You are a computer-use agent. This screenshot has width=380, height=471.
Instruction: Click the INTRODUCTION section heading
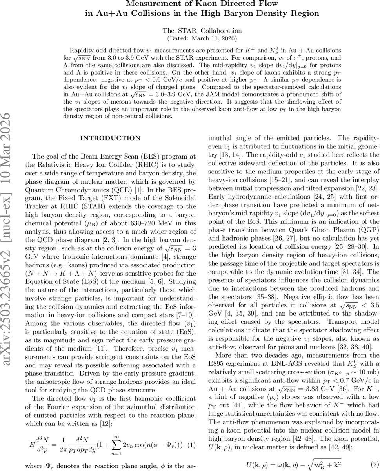pos(110,138)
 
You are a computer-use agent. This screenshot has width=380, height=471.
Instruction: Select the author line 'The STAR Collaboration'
pos(202,31)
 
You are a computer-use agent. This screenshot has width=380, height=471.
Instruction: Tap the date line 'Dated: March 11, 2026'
pos(202,38)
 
